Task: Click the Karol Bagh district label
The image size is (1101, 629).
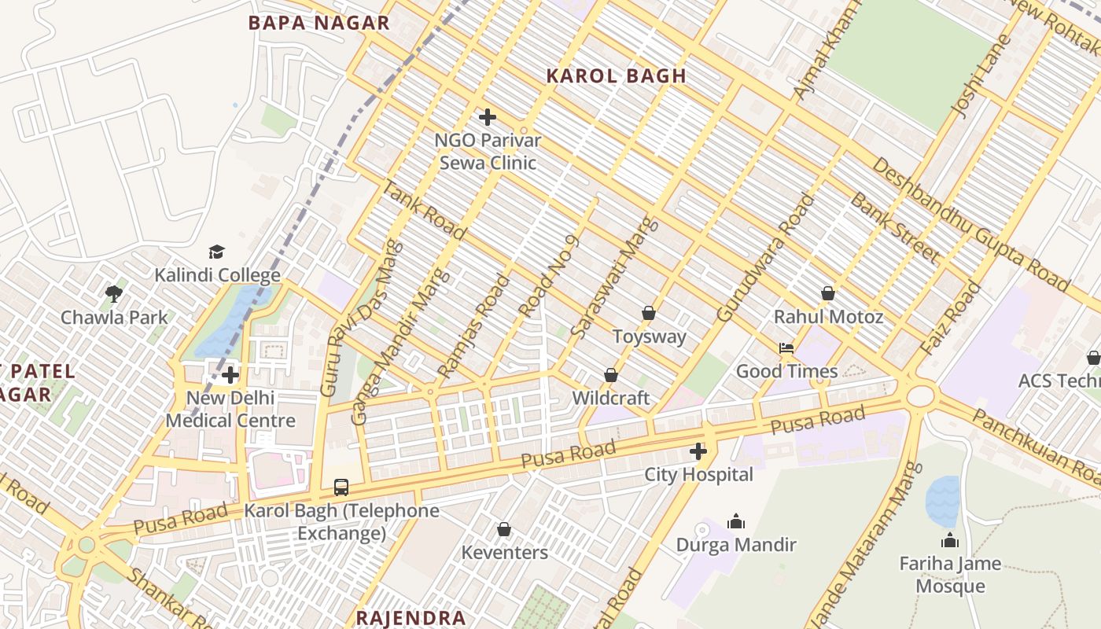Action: point(616,76)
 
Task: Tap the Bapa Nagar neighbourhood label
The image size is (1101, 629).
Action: point(319,23)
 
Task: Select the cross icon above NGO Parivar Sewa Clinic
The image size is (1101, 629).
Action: point(488,118)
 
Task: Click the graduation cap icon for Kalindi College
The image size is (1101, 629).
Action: point(216,252)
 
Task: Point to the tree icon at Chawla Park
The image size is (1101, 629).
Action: point(114,294)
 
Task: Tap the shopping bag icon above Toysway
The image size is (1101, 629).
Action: point(649,313)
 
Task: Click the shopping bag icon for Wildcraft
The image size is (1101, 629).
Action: point(611,375)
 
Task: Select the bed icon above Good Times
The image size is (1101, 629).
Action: point(786,348)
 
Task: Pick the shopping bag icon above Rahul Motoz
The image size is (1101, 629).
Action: point(828,293)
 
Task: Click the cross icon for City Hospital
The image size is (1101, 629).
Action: point(698,451)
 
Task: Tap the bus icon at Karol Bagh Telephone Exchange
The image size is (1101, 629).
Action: point(341,487)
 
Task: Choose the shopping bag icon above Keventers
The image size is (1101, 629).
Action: point(504,529)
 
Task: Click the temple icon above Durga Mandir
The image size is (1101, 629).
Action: point(736,521)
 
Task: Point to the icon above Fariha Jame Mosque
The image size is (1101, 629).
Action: point(950,540)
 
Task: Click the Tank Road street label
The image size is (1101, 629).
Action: point(424,209)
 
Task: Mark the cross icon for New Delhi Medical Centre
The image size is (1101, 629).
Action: point(230,375)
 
